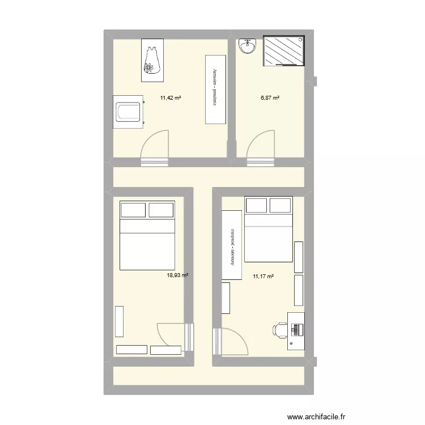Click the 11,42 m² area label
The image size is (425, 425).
[171, 98]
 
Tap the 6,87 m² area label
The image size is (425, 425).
[270, 98]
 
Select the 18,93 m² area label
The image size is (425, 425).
[177, 275]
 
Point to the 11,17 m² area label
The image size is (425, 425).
[263, 277]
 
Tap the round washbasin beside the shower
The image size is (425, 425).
[248, 46]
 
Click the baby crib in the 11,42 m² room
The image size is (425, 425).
[127, 110]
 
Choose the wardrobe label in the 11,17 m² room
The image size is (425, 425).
[232, 248]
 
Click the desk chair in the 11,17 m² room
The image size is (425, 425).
[280, 330]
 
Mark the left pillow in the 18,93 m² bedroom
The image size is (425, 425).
[133, 210]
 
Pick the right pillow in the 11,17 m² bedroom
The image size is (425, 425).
[280, 205]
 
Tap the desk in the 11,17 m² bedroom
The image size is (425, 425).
[296, 330]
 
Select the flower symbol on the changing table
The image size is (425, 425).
[150, 68]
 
